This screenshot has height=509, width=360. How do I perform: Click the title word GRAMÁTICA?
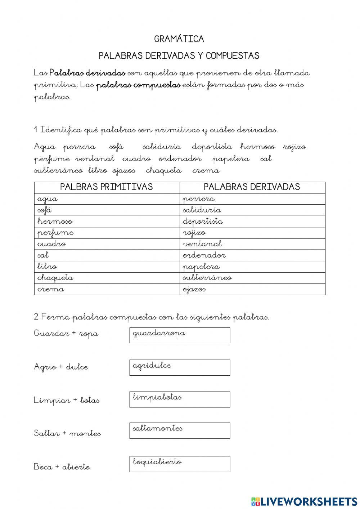pos(179,39)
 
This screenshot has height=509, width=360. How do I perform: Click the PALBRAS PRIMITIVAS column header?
pos(107,187)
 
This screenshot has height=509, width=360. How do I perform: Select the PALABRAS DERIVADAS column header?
pos(252,187)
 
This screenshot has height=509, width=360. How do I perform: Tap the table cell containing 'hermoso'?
pos(107,221)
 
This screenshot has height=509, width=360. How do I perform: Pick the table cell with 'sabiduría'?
pos(252,210)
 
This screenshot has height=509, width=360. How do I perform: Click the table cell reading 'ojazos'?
pos(252,289)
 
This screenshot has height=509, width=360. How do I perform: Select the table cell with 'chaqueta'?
pos(107,278)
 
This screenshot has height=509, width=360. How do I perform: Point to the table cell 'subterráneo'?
pos(252,278)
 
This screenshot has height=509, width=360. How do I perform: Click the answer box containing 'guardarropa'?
pos(180,335)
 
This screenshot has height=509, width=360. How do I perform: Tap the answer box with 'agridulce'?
pos(180,367)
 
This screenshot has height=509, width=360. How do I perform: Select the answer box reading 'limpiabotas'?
pos(180,399)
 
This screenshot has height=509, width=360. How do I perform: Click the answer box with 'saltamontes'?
pos(180,430)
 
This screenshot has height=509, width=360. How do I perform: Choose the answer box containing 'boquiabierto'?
pos(180,464)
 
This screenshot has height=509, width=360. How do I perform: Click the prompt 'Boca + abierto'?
pos(62,467)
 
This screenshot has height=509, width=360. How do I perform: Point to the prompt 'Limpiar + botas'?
pos(67,400)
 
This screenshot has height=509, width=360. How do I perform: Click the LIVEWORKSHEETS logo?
pos(304,501)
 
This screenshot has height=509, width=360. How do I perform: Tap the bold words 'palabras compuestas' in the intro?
pos(138,85)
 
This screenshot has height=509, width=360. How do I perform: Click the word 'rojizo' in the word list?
pos(294,147)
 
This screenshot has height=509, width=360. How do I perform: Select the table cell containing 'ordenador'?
pos(252,255)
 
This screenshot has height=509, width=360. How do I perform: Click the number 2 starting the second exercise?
pos(36,317)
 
